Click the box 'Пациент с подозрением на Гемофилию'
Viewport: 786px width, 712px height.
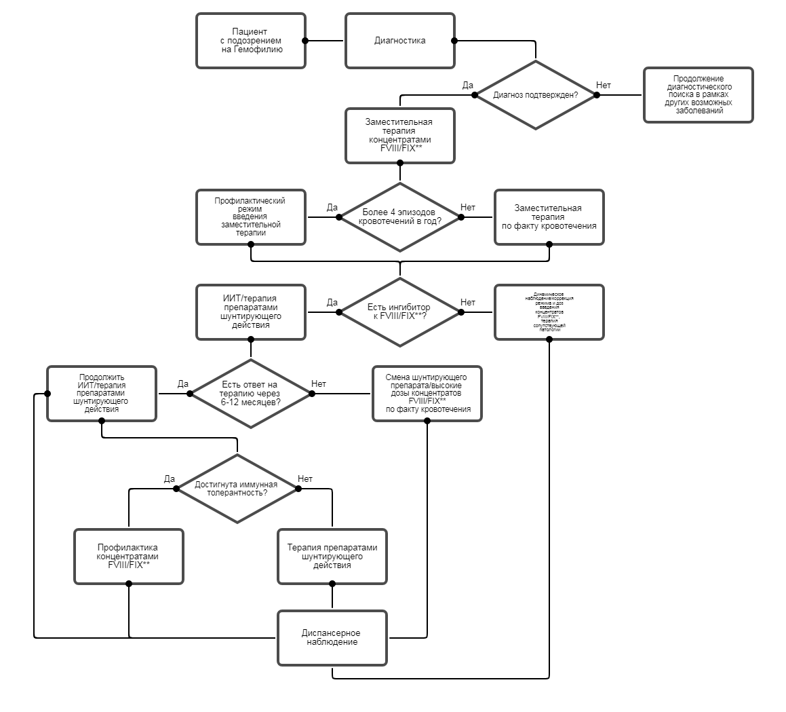coord(250,41)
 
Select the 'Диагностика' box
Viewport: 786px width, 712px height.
coord(399,41)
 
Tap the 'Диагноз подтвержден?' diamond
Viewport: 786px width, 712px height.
coord(535,95)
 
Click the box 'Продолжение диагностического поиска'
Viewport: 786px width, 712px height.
coord(698,95)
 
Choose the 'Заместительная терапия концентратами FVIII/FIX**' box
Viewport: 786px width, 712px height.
coord(399,136)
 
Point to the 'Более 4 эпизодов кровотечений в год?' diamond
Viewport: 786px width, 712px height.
coord(399,217)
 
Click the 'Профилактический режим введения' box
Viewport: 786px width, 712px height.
coord(250,217)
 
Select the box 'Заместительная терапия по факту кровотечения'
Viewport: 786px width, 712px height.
coord(549,217)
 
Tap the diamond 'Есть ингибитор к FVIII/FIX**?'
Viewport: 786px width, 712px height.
coord(399,312)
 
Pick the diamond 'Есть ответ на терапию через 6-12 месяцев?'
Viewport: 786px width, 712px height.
coord(250,394)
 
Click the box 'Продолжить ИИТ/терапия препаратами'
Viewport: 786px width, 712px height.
coord(101,394)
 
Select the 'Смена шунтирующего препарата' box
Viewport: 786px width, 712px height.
coord(427,394)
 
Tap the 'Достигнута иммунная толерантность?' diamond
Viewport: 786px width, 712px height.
coord(237,489)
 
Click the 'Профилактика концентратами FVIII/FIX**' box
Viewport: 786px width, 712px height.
coord(128,557)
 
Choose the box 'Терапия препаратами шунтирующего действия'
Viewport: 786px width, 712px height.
coord(332,557)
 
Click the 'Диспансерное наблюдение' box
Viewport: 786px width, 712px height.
coord(332,638)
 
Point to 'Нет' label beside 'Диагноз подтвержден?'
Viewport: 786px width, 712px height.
coord(603,86)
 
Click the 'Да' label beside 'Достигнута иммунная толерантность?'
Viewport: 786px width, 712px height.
coord(170,479)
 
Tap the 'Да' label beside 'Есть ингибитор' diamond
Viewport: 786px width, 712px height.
coord(332,302)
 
